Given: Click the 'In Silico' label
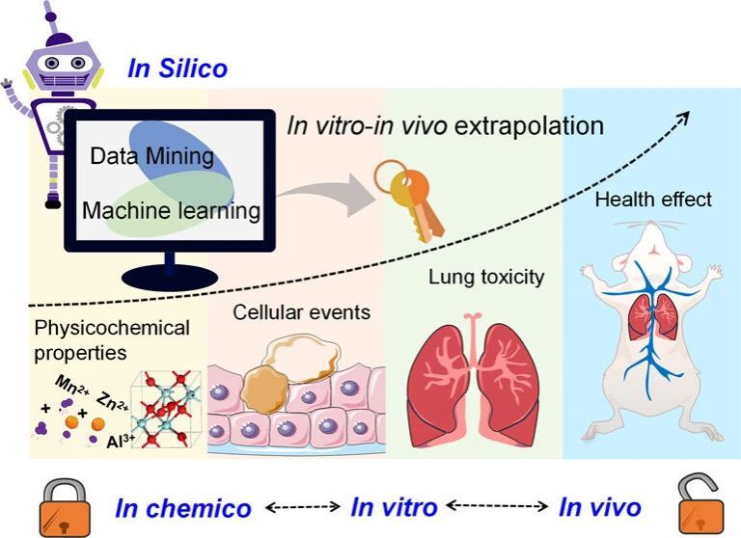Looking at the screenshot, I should pos(178,68).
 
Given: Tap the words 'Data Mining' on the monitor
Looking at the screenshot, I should pos(151,154).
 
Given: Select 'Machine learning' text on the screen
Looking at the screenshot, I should pos(172,209).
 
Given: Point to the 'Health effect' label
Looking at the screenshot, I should pos(653,200).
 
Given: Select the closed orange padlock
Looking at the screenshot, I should pos(64,505).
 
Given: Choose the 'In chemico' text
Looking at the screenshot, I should pos(183,508).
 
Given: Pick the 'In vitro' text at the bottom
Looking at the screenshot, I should pos(394,506).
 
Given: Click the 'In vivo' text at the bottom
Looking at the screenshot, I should pos(600,506).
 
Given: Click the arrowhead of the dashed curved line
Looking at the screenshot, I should pos(682,115).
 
